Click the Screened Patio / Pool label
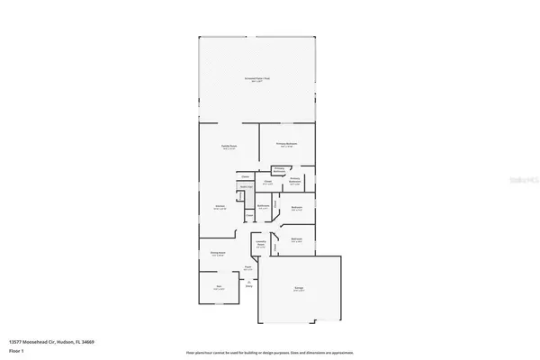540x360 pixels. click(257, 78)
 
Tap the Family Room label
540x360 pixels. click(229, 146)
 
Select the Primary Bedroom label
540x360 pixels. click(287, 144)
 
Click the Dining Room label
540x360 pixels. click(217, 253)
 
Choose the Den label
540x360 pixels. click(219, 287)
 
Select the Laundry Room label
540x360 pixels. click(260, 244)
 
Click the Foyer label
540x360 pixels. click(247, 266)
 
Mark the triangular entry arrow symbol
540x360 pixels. click(248, 282)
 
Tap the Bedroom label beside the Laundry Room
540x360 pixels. click(296, 238)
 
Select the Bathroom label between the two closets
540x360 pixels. click(264, 206)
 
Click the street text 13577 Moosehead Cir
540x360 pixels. click(33, 342)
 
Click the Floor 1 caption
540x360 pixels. click(17, 350)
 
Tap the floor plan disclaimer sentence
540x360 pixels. click(269, 352)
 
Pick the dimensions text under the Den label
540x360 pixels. click(219, 291)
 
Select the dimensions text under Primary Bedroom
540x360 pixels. click(287, 148)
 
